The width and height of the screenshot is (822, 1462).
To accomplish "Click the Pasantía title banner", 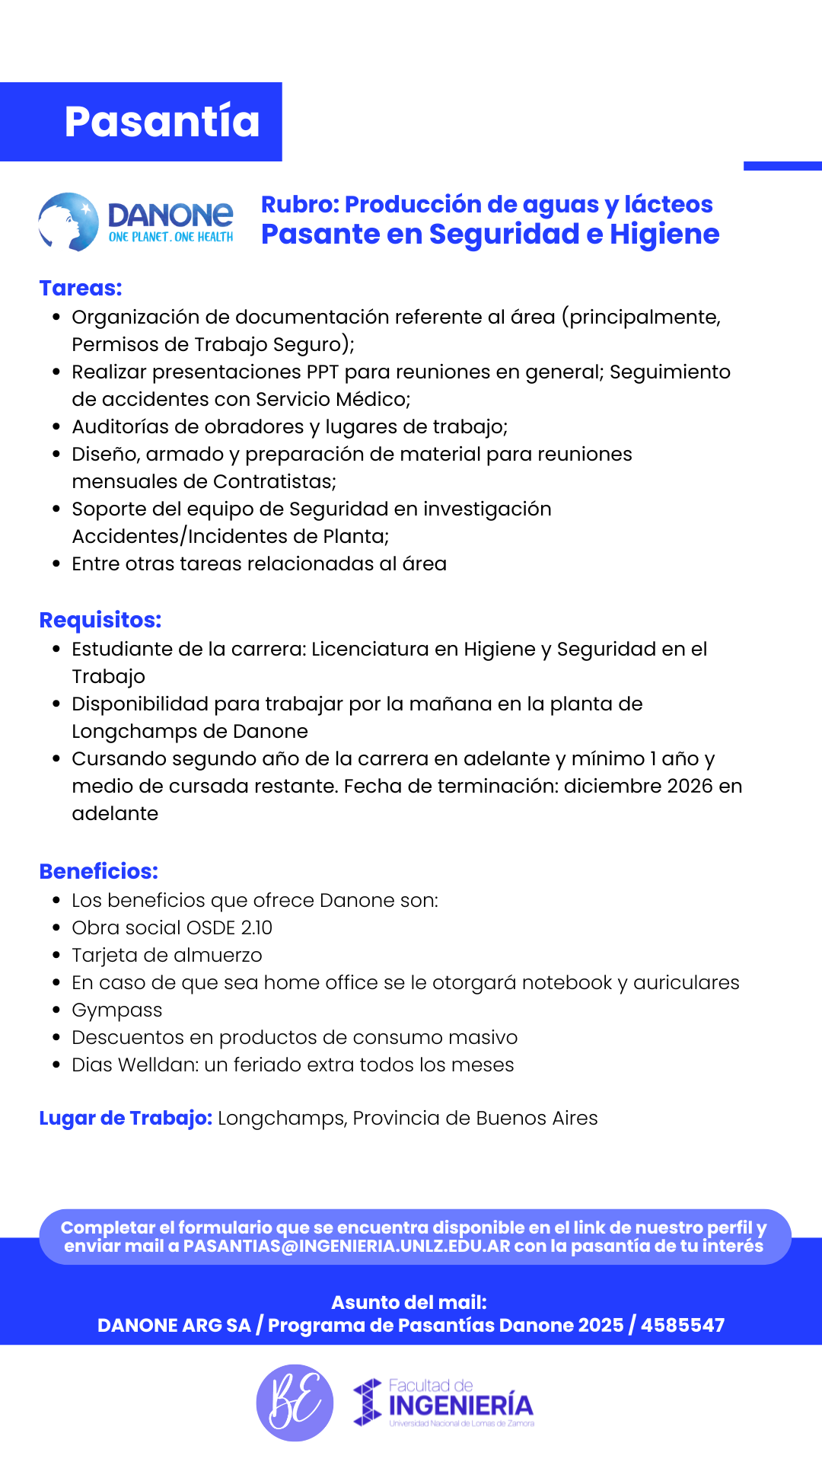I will click(161, 122).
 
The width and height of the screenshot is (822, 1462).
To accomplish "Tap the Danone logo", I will click(137, 222).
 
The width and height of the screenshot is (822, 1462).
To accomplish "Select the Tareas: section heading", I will click(81, 289).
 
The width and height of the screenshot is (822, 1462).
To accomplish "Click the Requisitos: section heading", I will click(100, 621).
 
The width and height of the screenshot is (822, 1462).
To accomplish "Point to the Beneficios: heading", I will click(99, 872).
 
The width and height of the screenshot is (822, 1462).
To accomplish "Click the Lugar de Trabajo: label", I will click(126, 1119).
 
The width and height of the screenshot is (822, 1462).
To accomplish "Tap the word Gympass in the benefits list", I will click(117, 1010).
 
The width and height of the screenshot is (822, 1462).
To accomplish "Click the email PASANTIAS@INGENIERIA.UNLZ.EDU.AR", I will click(347, 1247).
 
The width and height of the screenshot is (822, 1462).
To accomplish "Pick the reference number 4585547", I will click(683, 1326).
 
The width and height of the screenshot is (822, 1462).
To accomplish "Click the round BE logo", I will click(295, 1403).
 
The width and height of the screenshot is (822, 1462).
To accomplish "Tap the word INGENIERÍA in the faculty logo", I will click(460, 1406).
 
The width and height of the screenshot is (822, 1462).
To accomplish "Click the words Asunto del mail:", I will click(409, 1303).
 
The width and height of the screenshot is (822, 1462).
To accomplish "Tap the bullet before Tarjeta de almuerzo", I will click(56, 956).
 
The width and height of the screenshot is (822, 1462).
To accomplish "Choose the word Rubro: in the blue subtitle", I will click(300, 205).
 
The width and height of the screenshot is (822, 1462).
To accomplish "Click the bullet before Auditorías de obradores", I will click(56, 427).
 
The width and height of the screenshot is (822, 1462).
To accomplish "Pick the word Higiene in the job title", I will click(664, 235).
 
